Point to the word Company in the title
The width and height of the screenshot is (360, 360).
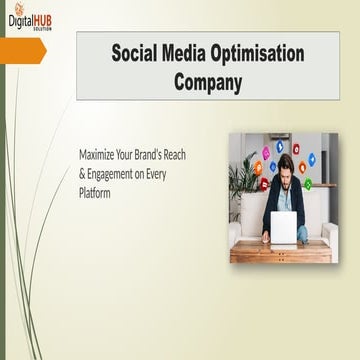(x=208, y=82)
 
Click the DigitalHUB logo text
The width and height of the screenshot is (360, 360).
(x=30, y=19)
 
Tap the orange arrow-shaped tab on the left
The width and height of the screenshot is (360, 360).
(x=22, y=51)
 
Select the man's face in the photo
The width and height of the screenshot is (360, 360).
(x=286, y=167)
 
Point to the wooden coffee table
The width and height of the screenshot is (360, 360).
(x=281, y=251)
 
